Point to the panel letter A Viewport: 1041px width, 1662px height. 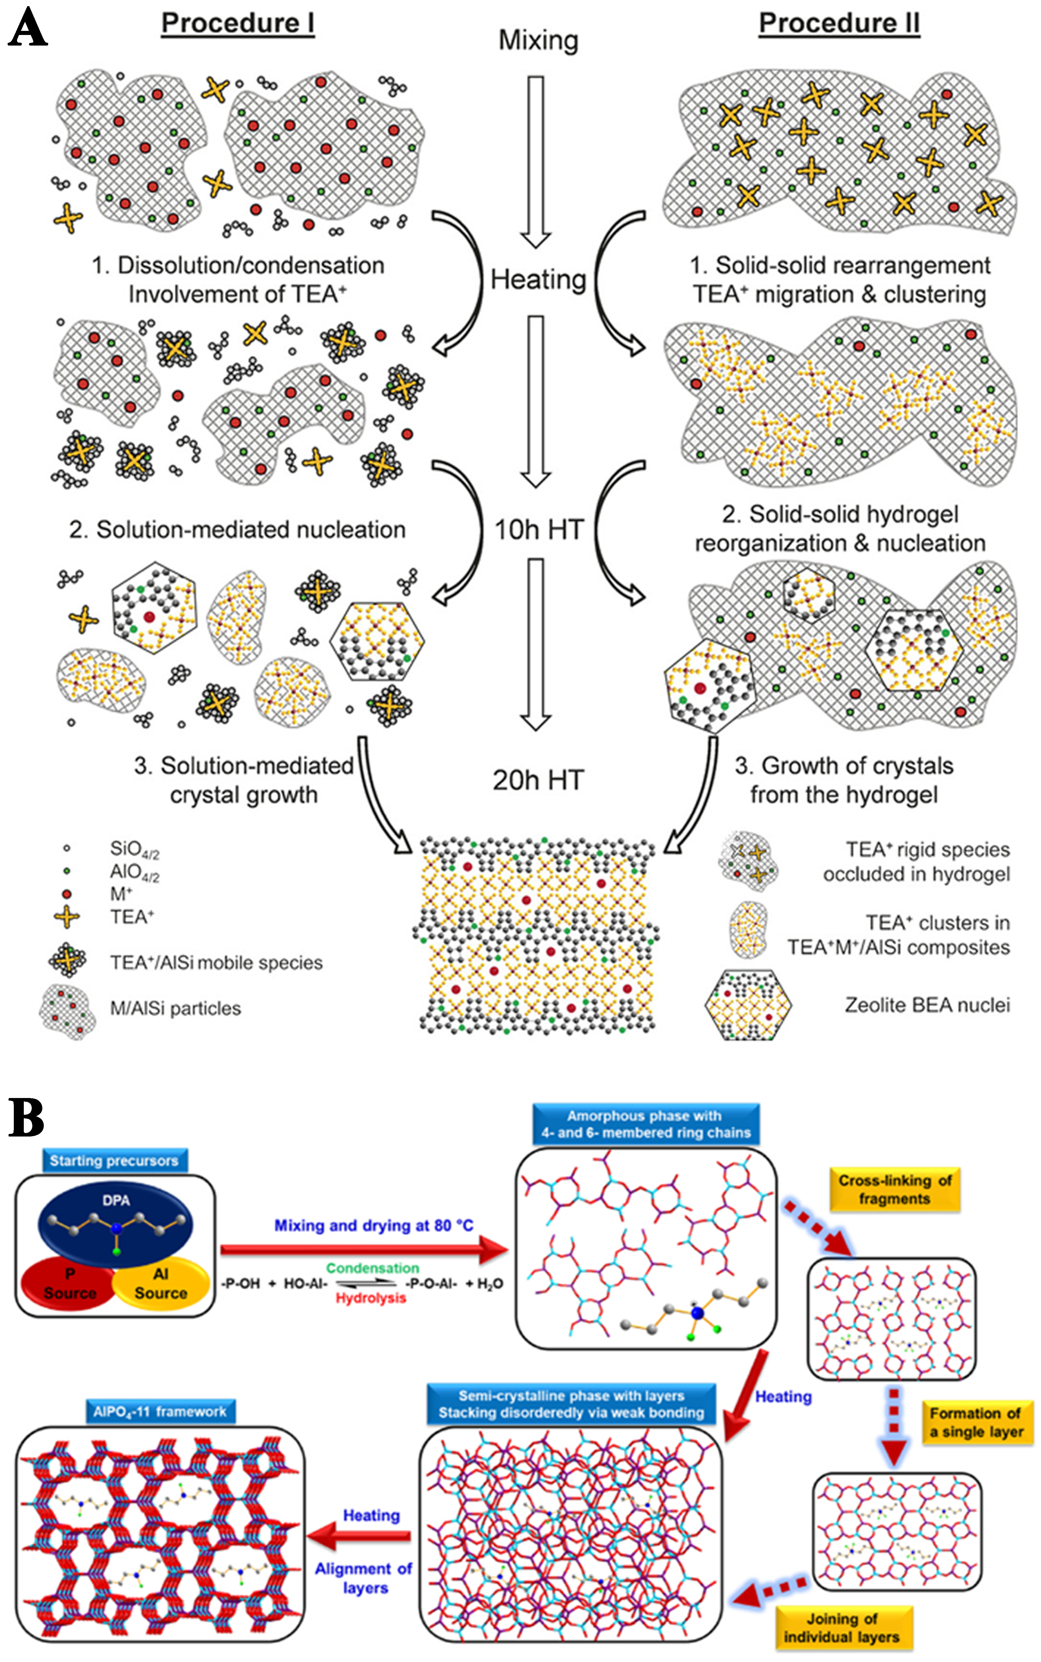coord(28,29)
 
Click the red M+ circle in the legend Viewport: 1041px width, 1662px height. coord(67,894)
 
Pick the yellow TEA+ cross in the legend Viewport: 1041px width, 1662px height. coord(67,917)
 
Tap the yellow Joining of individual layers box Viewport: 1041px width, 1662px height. coord(844,1628)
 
